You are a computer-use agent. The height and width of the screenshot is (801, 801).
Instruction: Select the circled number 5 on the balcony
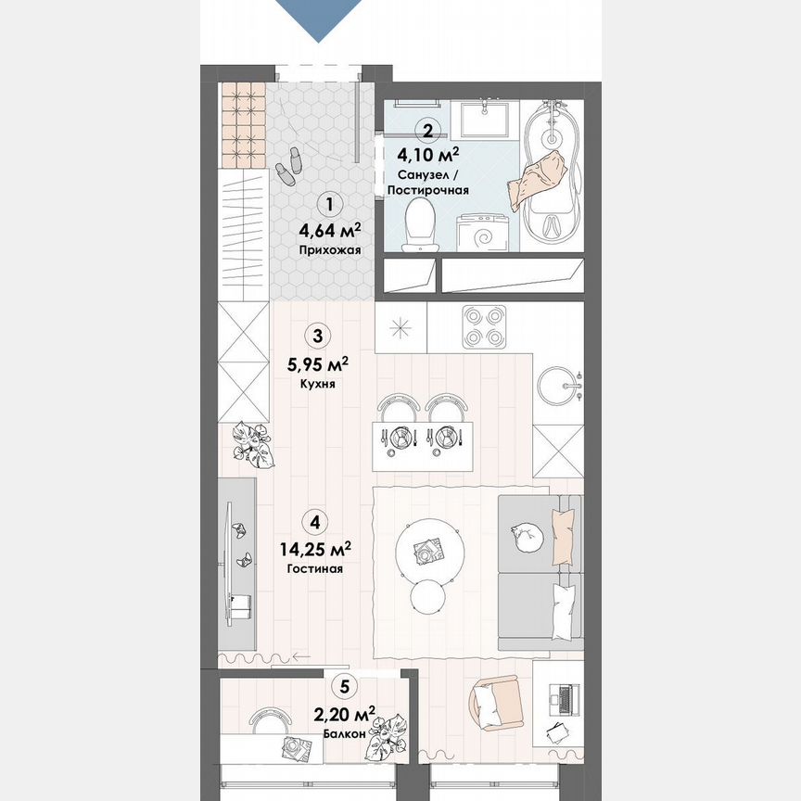click(345, 687)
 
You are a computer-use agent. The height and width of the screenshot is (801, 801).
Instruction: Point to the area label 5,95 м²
click(317, 362)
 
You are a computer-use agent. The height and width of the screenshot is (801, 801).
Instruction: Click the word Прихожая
click(329, 250)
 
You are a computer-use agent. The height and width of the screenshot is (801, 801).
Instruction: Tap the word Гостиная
click(315, 569)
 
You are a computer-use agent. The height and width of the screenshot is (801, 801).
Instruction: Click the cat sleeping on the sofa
click(526, 536)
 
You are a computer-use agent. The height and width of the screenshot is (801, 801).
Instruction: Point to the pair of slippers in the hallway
click(288, 163)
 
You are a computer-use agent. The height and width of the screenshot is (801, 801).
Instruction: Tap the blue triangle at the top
click(321, 19)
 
